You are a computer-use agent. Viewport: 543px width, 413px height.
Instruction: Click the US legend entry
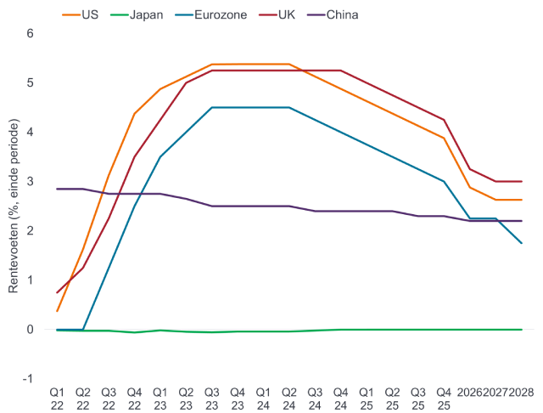[x=82, y=14]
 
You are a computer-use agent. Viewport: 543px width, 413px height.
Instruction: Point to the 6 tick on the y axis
[x=31, y=33]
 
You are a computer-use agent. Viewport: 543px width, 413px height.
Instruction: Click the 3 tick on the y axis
[x=31, y=181]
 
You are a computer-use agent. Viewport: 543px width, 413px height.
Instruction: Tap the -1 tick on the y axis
[x=29, y=378]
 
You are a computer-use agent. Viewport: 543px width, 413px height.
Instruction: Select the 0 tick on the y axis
[x=31, y=329]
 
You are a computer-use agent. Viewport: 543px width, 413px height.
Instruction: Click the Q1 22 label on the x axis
[x=57, y=398]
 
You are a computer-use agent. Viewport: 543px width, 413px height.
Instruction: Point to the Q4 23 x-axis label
[x=238, y=398]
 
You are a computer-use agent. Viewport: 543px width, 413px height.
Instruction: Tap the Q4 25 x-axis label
[x=443, y=398]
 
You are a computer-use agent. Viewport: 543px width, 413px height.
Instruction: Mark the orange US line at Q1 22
[x=57, y=311]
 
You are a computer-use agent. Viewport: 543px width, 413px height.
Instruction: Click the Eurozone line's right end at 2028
[x=521, y=243]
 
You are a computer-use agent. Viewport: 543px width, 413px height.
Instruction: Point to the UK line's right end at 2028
[x=521, y=181]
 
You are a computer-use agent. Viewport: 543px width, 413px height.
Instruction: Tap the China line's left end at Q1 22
[x=57, y=189]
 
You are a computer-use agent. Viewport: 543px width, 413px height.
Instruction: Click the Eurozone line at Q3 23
[x=211, y=107]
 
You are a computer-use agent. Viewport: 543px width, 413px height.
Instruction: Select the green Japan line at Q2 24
[x=289, y=331]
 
